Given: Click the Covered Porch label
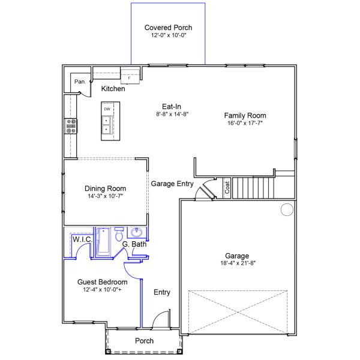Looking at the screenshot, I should point(168,28).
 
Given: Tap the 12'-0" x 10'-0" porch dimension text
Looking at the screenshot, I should point(168,36).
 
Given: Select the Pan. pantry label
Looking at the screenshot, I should point(79,82).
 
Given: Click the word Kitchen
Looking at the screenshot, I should point(113,89).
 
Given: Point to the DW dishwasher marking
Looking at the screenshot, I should point(107,109).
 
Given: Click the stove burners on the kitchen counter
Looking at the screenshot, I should point(71,125).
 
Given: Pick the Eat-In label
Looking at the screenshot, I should point(172,106).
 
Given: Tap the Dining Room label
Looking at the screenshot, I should point(105,188).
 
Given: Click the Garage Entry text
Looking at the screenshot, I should point(172,184).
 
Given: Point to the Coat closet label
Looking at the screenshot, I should point(227,188).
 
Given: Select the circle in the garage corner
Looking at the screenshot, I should point(287,209).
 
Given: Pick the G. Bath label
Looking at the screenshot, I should point(134,244).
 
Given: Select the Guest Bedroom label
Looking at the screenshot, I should point(102,282).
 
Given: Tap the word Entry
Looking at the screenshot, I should point(162,292).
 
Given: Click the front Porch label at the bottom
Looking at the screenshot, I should point(144,341).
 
